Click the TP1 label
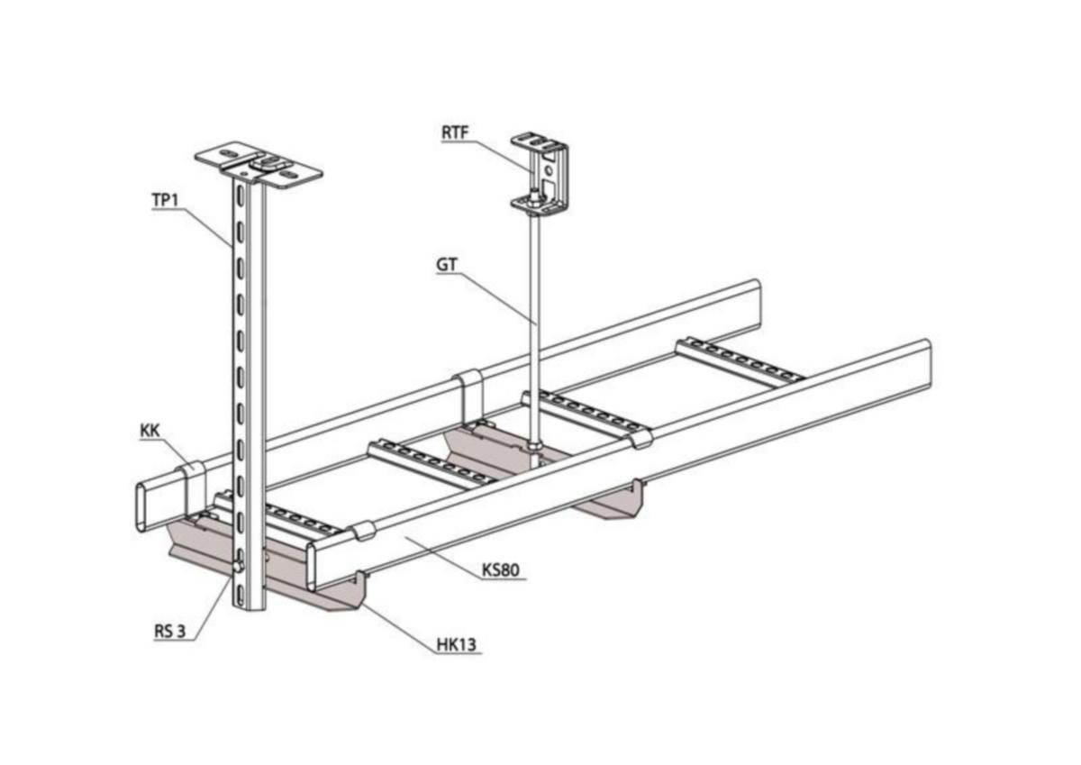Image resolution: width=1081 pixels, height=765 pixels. tap(166, 200)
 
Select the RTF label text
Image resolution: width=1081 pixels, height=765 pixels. tap(455, 132)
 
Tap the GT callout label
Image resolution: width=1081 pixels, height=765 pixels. tap(447, 265)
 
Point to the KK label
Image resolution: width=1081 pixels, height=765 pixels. tap(150, 431)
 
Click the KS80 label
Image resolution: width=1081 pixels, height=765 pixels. tap(501, 570)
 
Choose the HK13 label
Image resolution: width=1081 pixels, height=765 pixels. tap(456, 644)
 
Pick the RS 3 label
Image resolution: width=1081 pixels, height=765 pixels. tap(169, 632)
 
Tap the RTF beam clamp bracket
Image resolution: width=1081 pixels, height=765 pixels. tap(540, 172)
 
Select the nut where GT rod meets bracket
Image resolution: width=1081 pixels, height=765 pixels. tap(532, 446)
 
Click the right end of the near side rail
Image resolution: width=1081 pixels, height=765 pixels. tap(926, 363)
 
